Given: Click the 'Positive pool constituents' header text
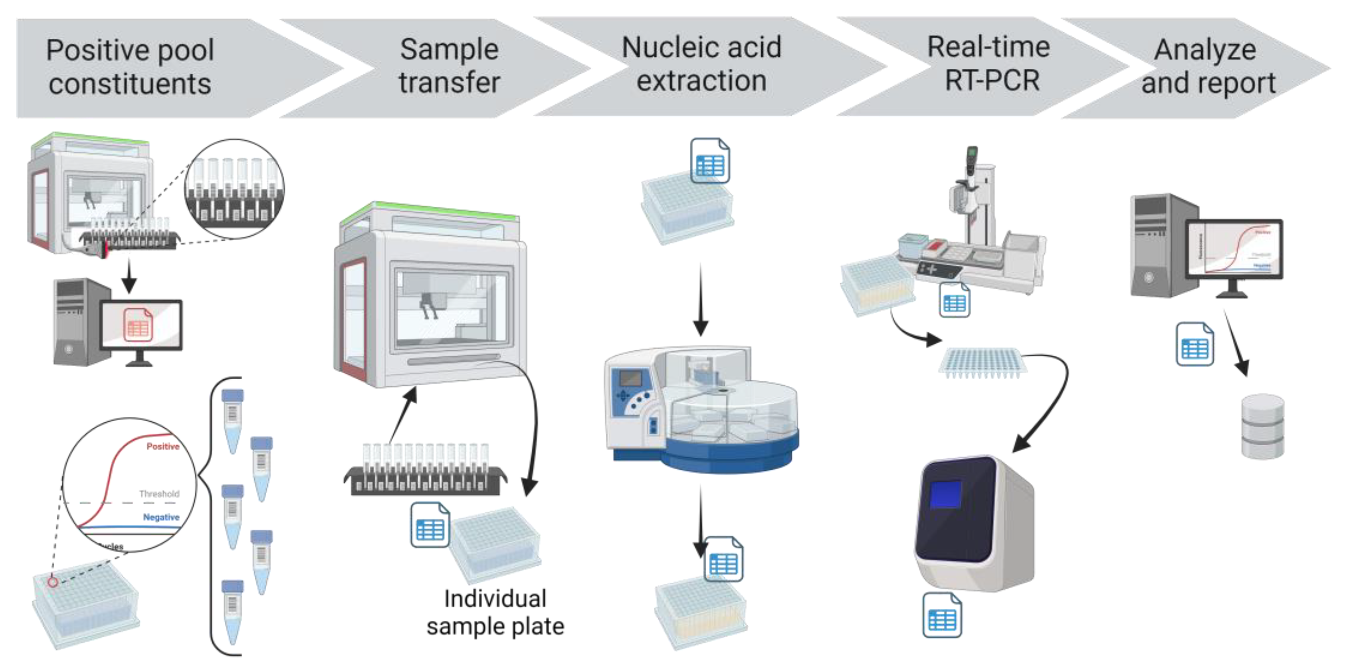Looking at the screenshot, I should (130, 67).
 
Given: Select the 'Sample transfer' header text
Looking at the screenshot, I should (449, 66).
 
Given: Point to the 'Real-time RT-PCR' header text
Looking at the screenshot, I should (989, 64).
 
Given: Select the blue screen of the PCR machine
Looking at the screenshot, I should (946, 494).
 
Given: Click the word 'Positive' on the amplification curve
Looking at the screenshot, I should (162, 446).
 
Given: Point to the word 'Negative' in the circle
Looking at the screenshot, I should (161, 517).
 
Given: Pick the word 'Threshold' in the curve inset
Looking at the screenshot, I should (158, 493).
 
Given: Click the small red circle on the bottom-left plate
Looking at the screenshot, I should (53, 582).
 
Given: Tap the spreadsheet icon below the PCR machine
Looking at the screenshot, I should (941, 616).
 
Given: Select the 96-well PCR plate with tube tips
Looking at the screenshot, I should (981, 362).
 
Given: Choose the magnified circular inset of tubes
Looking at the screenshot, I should (235, 189).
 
